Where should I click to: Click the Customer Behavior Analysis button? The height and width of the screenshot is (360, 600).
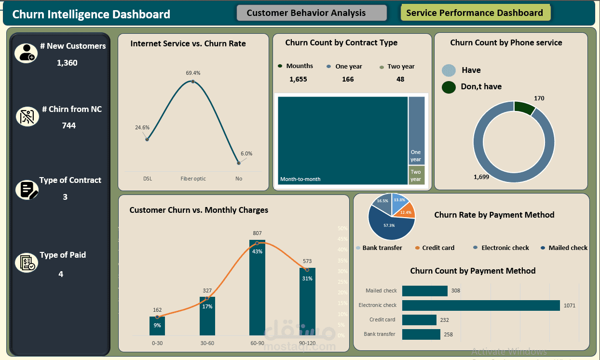click(312, 13)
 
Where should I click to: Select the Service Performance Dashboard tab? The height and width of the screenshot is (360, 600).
click(475, 13)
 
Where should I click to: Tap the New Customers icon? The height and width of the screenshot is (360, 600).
click(26, 53)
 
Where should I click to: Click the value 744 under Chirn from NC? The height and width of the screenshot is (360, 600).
click(69, 125)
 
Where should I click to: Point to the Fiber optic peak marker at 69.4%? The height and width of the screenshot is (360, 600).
click(192, 82)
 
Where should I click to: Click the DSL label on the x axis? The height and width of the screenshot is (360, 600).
click(148, 179)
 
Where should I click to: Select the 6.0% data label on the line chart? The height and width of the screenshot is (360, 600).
click(246, 153)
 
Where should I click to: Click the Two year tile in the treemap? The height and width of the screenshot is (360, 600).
click(416, 175)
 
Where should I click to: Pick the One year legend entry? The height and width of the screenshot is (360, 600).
click(348, 67)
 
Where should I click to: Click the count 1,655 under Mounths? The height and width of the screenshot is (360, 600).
click(298, 79)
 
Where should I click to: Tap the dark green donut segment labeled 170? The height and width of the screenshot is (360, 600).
click(523, 108)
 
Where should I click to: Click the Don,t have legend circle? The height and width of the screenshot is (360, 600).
click(449, 87)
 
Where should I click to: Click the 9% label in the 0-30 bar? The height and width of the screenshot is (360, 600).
click(157, 325)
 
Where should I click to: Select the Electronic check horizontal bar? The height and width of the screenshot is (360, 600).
click(480, 305)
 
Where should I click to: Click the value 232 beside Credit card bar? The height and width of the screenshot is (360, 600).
click(444, 320)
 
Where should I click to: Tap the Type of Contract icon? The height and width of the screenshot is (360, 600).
click(27, 190)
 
